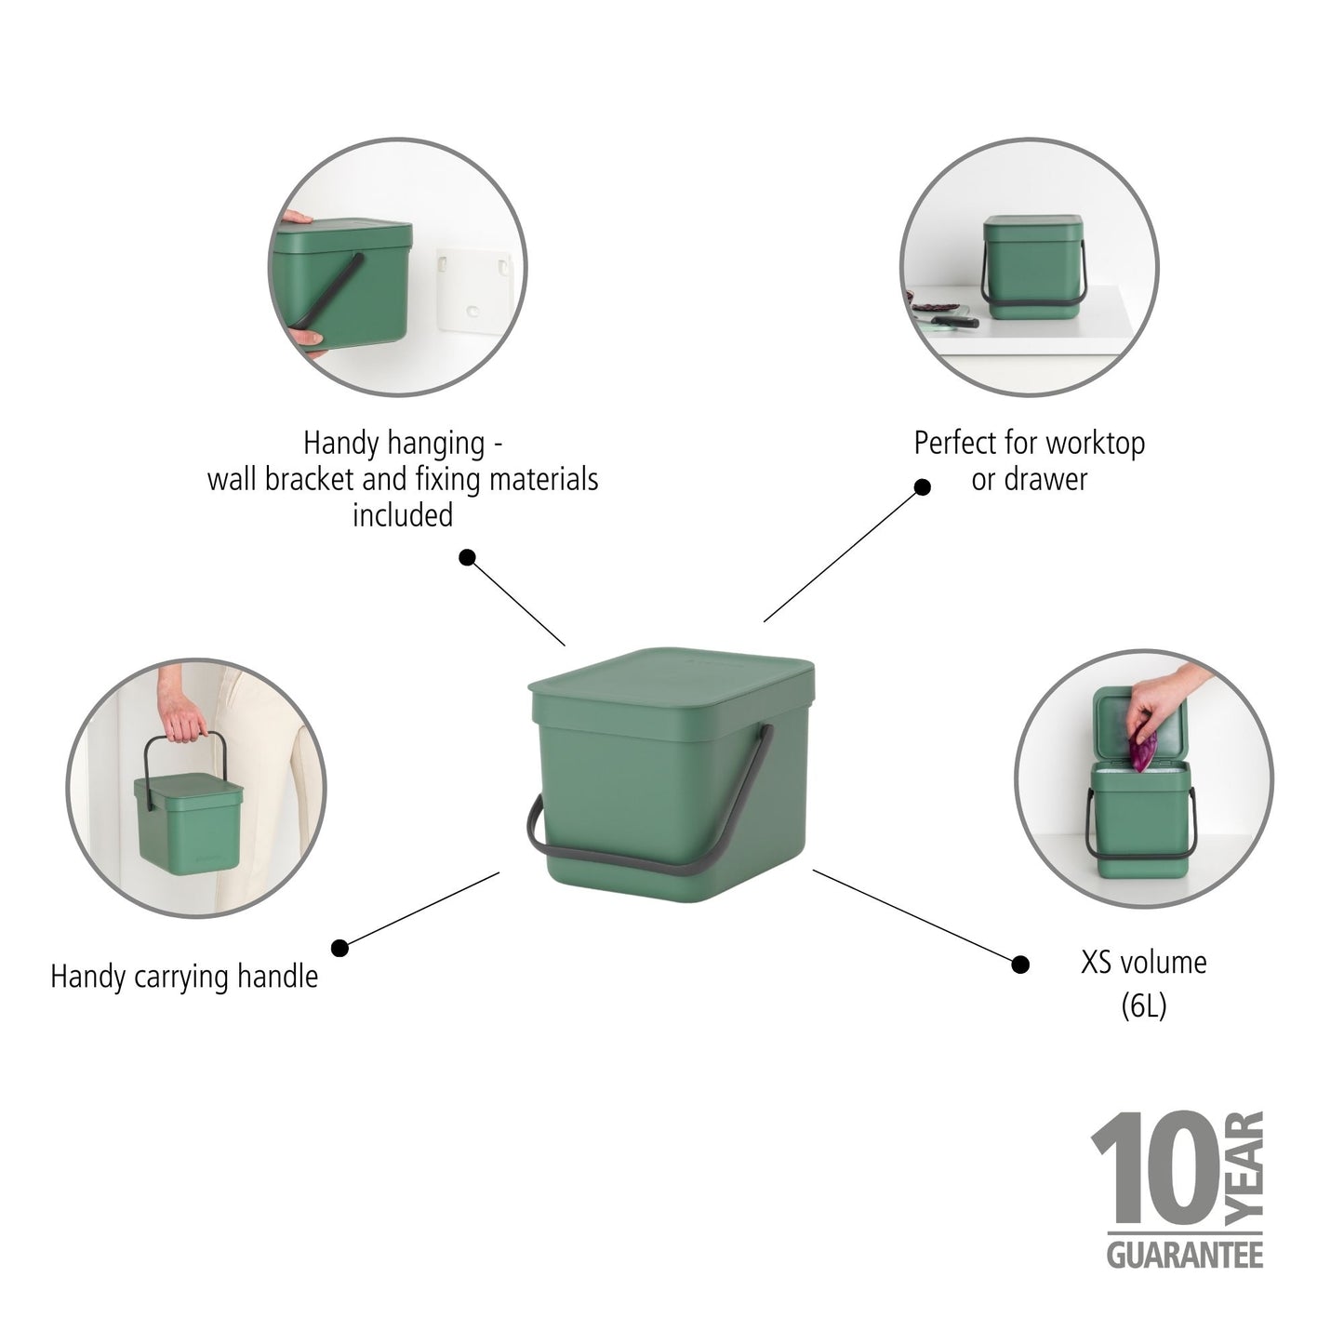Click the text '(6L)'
(x=1143, y=1005)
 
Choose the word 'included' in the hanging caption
(x=402, y=515)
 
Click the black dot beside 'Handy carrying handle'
(x=339, y=948)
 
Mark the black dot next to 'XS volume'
(x=1020, y=965)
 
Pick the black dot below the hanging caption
(x=468, y=557)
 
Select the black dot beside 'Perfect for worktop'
(x=922, y=486)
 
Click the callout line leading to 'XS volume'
(x=916, y=916)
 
